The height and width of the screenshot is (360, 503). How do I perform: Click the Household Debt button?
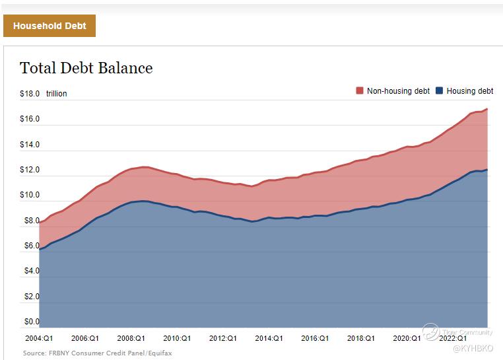[x=50, y=26]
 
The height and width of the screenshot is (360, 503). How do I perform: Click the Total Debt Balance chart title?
[x=86, y=68]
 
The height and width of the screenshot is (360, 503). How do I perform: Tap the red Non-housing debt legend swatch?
[x=360, y=90]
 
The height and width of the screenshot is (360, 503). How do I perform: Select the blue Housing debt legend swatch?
[x=440, y=90]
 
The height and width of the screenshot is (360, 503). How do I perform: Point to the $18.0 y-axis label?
[x=30, y=94]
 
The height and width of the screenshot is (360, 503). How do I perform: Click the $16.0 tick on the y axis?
[x=30, y=119]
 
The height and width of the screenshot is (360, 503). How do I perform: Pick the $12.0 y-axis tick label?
[x=30, y=170]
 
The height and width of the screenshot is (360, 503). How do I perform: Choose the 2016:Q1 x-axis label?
[x=314, y=338]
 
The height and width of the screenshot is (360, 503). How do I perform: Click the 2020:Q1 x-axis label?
[x=406, y=338]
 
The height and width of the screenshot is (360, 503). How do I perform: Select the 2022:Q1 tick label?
[x=452, y=338]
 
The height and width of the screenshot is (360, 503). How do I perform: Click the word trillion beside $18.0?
[x=56, y=94]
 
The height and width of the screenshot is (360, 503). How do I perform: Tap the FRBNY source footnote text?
[x=97, y=353]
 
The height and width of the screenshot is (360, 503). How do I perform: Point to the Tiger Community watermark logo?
[x=431, y=332]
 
